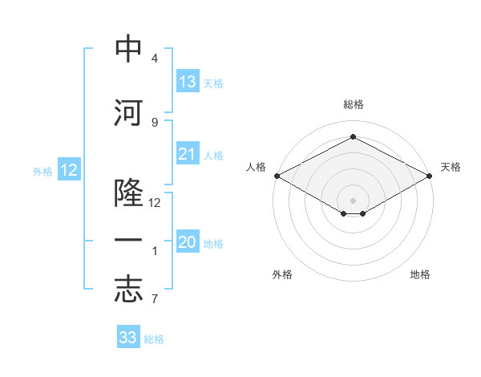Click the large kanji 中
click(x=128, y=48)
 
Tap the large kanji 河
click(x=128, y=112)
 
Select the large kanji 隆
click(x=128, y=193)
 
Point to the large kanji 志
click(x=128, y=290)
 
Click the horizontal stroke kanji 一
click(x=128, y=240)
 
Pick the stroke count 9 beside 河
click(x=155, y=123)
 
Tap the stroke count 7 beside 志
click(x=155, y=298)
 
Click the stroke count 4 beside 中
click(x=155, y=58)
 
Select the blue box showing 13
click(x=188, y=81)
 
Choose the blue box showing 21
click(x=188, y=153)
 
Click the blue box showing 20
click(x=188, y=241)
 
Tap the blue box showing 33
click(x=128, y=336)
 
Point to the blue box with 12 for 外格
click(x=69, y=169)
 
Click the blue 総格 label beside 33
click(x=154, y=339)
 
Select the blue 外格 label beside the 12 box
click(x=42, y=172)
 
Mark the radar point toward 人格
click(x=277, y=176)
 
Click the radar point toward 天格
click(x=429, y=176)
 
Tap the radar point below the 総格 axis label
click(x=353, y=136)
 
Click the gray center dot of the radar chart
click(x=353, y=201)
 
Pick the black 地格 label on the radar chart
click(x=420, y=274)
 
